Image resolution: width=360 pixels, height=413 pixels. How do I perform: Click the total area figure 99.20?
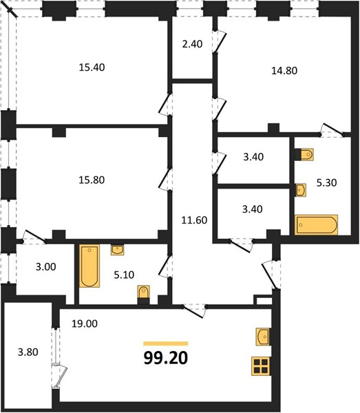(166, 358)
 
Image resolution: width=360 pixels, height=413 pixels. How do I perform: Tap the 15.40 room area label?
(92, 67)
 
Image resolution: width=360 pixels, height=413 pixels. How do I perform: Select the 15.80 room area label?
(92, 180)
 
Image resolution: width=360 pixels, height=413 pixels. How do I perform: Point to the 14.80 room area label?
(284, 71)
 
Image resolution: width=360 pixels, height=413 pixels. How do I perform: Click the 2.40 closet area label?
(192, 44)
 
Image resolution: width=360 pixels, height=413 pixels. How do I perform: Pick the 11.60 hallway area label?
(194, 220)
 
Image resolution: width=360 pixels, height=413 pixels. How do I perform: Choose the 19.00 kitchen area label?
(85, 324)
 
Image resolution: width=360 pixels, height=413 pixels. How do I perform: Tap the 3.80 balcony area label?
(28, 352)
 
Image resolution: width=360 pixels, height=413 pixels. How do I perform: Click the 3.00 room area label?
(46, 267)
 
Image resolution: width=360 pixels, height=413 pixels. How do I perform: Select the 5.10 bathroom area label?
(124, 275)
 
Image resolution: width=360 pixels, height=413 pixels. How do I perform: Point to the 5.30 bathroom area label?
(326, 182)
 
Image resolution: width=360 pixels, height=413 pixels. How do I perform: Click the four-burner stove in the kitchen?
(260, 366)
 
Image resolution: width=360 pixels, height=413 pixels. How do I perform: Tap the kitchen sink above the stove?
(262, 337)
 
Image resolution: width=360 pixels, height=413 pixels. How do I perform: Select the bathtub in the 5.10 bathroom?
(89, 266)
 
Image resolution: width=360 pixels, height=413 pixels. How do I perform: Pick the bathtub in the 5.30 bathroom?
(316, 224)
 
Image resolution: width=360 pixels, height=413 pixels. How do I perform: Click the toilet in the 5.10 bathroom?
(144, 295)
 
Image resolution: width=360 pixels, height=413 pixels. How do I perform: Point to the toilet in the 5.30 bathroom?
(304, 154)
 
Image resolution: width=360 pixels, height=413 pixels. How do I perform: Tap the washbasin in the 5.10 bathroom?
(118, 250)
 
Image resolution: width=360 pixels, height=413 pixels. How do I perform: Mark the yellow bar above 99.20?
(166, 343)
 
